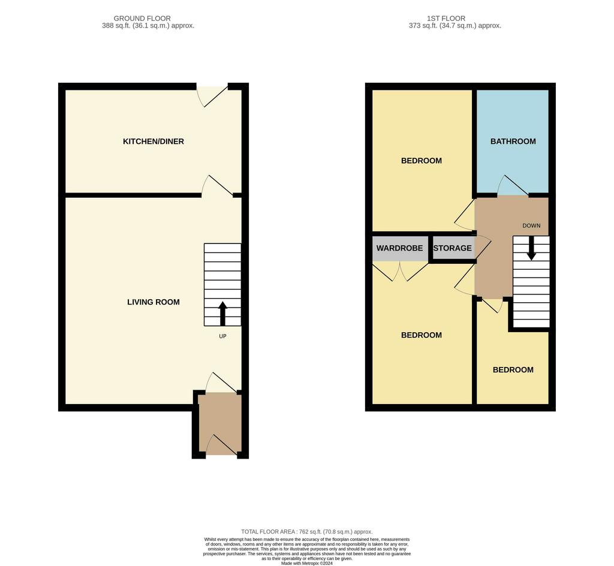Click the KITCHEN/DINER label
click(x=153, y=141)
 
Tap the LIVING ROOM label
click(x=153, y=302)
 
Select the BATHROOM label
click(x=513, y=141)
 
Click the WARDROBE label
click(x=399, y=248)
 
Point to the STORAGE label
click(x=452, y=248)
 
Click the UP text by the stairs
click(x=222, y=336)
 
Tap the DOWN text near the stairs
click(x=531, y=225)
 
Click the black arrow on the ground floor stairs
click(x=222, y=314)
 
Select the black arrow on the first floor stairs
click(x=531, y=248)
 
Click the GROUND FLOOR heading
click(x=142, y=19)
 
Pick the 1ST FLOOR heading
click(x=446, y=19)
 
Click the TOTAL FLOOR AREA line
click(x=306, y=532)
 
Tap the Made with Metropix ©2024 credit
click(x=306, y=564)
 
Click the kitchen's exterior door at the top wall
click(x=212, y=96)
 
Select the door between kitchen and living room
click(x=217, y=185)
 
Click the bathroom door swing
click(x=513, y=185)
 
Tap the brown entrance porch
click(x=219, y=424)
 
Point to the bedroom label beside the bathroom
click(x=422, y=161)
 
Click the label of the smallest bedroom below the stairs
click(x=513, y=370)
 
